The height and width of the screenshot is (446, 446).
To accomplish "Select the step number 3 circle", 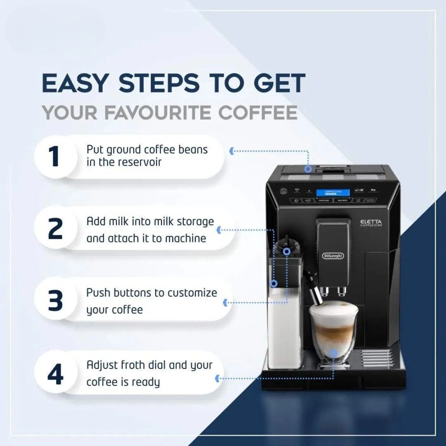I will click(55, 301).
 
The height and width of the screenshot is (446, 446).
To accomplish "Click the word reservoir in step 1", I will click(140, 162).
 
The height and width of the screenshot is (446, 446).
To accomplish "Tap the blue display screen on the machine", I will click(333, 193).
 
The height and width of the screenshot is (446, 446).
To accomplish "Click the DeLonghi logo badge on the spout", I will click(333, 256).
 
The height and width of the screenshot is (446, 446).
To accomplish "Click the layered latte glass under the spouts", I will click(333, 330).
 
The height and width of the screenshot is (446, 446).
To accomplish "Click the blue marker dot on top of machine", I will click(308, 168).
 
